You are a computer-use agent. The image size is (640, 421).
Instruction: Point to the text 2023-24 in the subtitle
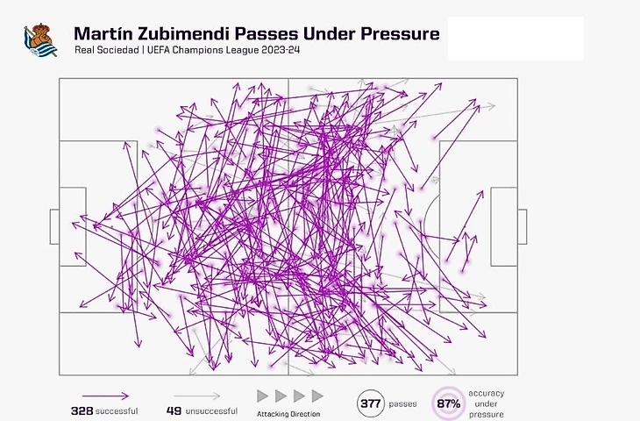tap(278, 51)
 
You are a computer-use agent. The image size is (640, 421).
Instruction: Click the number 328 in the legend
tap(82, 410)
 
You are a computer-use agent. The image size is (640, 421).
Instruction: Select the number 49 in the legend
tap(173, 410)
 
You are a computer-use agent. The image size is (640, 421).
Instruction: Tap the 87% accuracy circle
tap(450, 404)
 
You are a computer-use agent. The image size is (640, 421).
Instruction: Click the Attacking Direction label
tap(288, 414)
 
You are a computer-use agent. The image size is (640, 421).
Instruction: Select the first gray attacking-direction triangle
tap(262, 396)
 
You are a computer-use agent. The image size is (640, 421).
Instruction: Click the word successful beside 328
tap(117, 410)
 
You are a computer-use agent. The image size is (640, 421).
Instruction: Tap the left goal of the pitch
tap(54, 226)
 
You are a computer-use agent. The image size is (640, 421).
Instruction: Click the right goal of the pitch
tap(523, 226)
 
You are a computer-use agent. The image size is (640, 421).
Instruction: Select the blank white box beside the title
tap(516, 38)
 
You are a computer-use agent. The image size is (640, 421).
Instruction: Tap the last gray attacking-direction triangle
tap(317, 396)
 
